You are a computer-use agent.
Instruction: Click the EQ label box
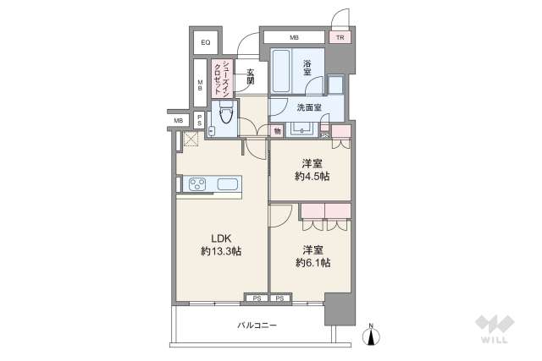206,42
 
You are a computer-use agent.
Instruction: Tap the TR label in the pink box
340,37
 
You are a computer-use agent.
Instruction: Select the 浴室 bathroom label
307,68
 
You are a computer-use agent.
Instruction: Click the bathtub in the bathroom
280,71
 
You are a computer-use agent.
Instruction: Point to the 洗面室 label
309,107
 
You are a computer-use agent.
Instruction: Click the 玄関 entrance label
251,77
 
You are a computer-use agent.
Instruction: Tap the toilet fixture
226,112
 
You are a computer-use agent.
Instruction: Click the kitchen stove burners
197,183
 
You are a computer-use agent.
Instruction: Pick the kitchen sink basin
228,184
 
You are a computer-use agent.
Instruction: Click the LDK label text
221,238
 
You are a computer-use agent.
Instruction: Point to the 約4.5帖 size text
312,177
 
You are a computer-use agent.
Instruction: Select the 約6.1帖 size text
313,263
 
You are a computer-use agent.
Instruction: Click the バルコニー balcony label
257,325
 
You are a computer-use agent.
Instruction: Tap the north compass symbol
371,335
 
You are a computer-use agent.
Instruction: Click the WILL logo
495,329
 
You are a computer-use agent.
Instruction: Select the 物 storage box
277,131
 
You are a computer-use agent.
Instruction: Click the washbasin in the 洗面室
302,129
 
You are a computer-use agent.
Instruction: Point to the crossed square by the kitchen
191,139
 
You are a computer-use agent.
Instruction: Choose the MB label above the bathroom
294,37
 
